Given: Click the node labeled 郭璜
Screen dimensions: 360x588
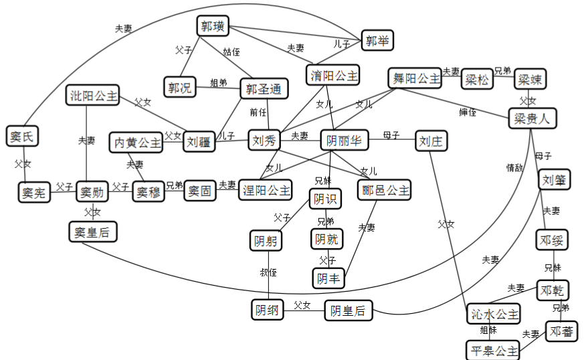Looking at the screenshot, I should (214, 27).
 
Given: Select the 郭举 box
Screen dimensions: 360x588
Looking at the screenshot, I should (377, 40).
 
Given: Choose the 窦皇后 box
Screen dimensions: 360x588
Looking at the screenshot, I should (93, 232).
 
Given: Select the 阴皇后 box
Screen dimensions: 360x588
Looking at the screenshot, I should (349, 310).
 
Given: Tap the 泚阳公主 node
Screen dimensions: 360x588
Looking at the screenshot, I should (94, 96).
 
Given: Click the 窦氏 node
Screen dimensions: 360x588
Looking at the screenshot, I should (22, 137).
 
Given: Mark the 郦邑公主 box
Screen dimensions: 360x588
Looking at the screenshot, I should (383, 190).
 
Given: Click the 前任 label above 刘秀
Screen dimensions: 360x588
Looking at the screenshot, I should (258, 112).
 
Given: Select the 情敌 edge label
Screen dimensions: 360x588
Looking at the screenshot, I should (514, 168).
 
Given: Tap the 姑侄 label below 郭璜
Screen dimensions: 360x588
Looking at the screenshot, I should (231, 51).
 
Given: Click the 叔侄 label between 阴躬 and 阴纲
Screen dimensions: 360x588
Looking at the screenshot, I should (268, 272).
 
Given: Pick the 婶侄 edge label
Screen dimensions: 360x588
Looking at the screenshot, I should (468, 111).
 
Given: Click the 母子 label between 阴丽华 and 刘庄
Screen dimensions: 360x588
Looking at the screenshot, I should (391, 135).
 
